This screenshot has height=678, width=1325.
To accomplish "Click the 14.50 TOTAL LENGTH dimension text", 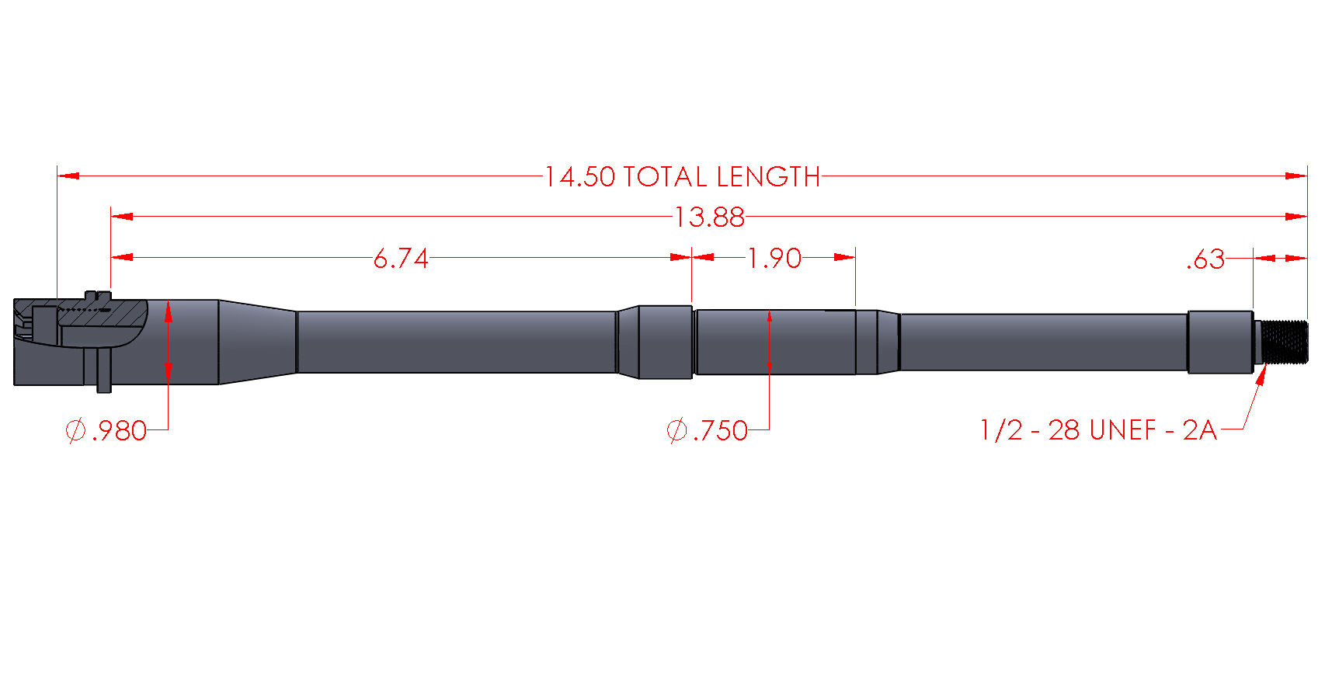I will coord(682,177).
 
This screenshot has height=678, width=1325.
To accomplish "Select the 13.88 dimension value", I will coord(709,217).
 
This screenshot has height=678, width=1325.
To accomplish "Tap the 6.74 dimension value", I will coord(401,259).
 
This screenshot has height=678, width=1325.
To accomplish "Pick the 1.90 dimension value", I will coord(774,259).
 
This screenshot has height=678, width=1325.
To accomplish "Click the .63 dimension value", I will coord(1205,259).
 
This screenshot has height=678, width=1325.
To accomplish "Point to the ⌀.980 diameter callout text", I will coord(106,430).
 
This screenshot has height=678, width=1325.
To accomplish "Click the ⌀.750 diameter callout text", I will coord(708,430).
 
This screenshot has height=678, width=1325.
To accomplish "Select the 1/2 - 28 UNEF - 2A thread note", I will coord(1097,430).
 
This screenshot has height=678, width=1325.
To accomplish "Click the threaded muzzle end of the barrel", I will coord(1285,342).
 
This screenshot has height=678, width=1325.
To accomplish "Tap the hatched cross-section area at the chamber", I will coord(101,315).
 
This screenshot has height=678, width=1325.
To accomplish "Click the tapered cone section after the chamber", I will coord(256,342).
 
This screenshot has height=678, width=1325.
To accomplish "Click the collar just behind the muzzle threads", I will coord(1219,342).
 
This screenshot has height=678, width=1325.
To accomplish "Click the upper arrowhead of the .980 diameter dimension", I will coord(168,311).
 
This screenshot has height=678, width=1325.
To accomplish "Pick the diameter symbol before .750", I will coord(676,430).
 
